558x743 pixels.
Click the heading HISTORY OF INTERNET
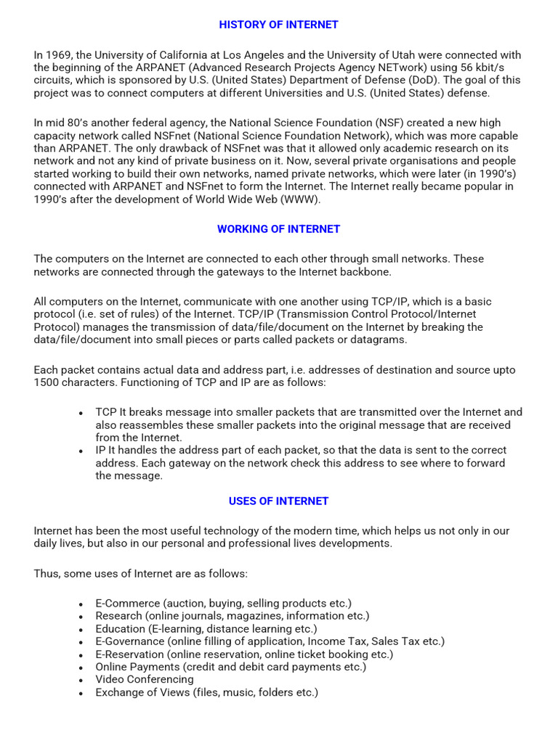point(279,25)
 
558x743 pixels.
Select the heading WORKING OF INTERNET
point(279,229)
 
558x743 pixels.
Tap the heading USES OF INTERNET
point(279,501)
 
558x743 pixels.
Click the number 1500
point(47,382)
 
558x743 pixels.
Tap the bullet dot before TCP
point(81,413)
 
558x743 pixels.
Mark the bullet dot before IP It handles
point(81,451)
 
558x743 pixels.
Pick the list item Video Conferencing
point(145,679)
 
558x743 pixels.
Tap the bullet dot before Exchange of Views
point(81,693)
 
